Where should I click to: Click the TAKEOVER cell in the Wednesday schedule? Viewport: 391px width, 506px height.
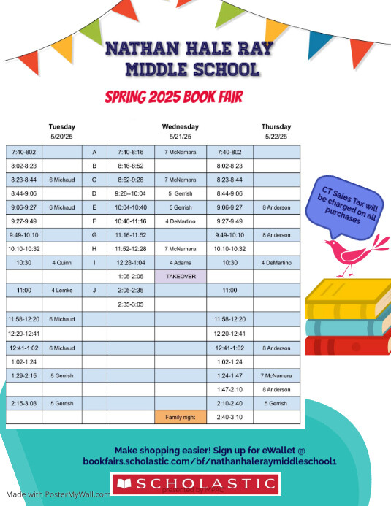[x=181, y=277]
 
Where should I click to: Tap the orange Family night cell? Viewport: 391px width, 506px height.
[x=181, y=417]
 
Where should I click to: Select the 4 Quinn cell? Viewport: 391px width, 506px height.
[x=61, y=262]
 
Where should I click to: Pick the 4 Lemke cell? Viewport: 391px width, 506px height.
[x=61, y=290]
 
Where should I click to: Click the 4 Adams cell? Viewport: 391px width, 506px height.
[x=181, y=262]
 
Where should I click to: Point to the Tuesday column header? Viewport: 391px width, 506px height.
[x=61, y=126]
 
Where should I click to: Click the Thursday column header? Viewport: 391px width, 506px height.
[x=276, y=126]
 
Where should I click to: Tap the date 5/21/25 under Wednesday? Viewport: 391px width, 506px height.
[x=181, y=137]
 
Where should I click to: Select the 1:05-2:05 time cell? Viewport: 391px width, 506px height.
[x=131, y=277]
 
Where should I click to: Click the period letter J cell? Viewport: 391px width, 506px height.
[x=94, y=290]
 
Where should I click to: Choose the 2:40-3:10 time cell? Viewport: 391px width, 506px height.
[x=230, y=417]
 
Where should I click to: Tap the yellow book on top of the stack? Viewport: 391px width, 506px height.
[x=343, y=297]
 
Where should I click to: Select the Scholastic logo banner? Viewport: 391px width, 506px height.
[x=195, y=483]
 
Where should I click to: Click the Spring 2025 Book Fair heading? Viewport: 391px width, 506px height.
[x=173, y=96]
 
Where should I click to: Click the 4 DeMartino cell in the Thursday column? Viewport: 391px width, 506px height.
[x=276, y=262]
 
